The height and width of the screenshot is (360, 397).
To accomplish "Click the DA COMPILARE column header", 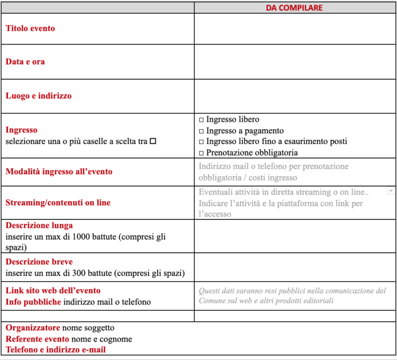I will tap(294, 8).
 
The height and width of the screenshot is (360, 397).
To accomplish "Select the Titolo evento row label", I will tap(30, 29).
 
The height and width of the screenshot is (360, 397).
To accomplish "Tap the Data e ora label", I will tap(25, 62).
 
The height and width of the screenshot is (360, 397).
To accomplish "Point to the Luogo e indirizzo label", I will tap(39, 96).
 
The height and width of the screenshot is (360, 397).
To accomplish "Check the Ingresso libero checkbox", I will tap(201, 120).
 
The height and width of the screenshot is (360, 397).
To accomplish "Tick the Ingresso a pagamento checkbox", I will tap(201, 131).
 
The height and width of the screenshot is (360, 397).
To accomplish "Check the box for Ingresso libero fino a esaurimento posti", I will tap(201, 142).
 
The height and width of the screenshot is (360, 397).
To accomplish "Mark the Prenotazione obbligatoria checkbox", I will tap(201, 153).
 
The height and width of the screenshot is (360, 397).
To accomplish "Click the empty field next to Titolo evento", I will tap(295, 29).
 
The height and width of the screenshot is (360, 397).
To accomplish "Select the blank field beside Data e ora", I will tap(295, 62).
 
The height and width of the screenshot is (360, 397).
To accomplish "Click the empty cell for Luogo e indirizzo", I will tap(295, 96).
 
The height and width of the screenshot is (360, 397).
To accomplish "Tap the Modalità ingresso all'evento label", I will tap(59, 172).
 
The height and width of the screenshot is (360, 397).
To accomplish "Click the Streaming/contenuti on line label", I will tap(58, 203).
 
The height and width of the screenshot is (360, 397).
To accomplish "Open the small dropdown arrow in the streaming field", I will tap(391, 191).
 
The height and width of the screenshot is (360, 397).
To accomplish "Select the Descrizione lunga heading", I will tap(39, 226).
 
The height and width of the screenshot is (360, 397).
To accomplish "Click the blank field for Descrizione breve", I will tap(295, 267).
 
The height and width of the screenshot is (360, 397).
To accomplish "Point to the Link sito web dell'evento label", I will tap(53, 291).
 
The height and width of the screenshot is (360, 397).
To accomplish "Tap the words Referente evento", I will tap(37, 339).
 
